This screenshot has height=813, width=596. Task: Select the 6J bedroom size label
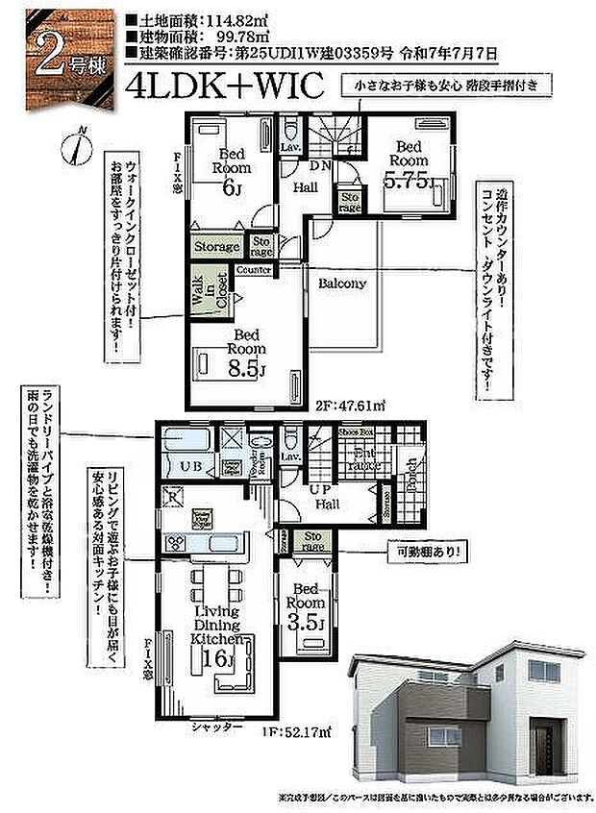click(x=232, y=189)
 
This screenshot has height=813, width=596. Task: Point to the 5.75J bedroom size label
click(x=408, y=180)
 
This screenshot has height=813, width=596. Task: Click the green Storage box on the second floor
click(x=216, y=247)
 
